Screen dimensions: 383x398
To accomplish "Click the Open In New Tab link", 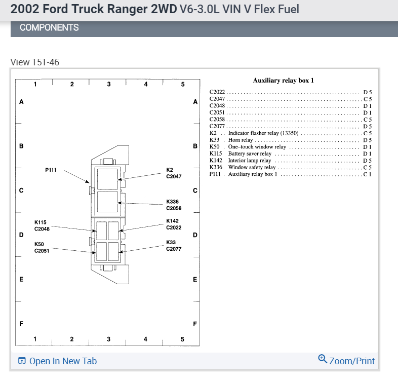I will click(57, 361).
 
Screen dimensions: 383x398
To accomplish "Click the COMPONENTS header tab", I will click(49, 27).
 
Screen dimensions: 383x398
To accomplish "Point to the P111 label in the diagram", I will click(51, 170).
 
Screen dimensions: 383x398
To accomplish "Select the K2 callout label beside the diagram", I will click(170, 170).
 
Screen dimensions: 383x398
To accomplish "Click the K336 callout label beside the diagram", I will click(172, 202).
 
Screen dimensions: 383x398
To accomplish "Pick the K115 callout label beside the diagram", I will click(41, 222).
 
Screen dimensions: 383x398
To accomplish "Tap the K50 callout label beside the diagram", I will click(39, 244).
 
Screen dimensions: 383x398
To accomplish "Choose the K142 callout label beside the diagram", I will click(172, 221).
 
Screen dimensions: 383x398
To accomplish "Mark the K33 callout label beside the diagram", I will click(171, 243).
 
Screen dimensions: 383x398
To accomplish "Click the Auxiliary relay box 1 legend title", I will click(283, 80).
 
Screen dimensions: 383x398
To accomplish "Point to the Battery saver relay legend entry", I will click(250, 154).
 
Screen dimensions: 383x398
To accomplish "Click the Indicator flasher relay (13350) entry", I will click(263, 133).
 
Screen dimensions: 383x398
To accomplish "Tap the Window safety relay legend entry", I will click(252, 167).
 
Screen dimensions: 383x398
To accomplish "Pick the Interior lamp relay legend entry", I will click(249, 161).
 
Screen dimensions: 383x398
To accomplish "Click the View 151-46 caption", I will click(35, 62).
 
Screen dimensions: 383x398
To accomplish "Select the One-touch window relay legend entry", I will click(257, 147).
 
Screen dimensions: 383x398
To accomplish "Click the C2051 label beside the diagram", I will click(42, 250).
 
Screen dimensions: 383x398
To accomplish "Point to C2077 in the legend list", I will click(217, 126).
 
